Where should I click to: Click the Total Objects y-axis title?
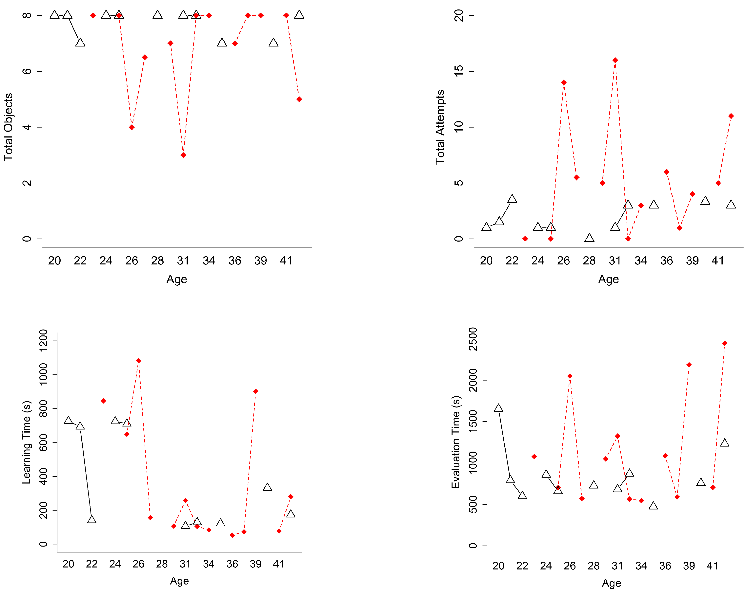8,127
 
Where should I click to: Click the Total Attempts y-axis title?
440,127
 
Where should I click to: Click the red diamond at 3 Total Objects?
183,155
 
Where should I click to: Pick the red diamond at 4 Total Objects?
132,127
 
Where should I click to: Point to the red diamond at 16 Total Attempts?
615,60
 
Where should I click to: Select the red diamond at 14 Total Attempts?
564,82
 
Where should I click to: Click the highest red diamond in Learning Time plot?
139,361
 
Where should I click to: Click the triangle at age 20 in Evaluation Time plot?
498,408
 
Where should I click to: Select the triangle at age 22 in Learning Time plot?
91,519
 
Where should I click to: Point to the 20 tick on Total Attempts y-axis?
459,15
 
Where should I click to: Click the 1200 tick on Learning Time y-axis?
43,341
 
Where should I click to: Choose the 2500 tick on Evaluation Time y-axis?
473,339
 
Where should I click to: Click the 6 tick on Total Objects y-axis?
27,71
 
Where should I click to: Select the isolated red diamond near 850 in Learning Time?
103,401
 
